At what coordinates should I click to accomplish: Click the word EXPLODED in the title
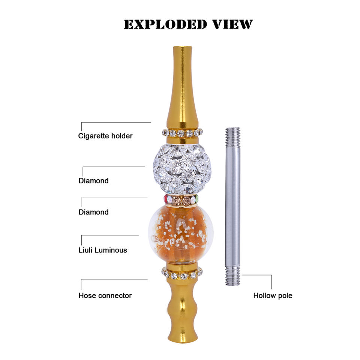click(165, 24)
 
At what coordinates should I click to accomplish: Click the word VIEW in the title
click(232, 24)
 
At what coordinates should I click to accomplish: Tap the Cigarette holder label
click(105, 136)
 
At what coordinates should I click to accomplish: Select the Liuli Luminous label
click(103, 250)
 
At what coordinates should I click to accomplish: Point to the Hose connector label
click(105, 295)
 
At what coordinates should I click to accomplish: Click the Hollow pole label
click(273, 295)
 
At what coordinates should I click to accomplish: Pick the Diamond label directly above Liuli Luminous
click(93, 212)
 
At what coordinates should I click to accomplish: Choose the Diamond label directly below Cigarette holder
click(93, 181)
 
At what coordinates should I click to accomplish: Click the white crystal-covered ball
click(182, 169)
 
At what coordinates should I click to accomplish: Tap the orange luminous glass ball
click(181, 234)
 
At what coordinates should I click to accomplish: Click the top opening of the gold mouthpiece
click(182, 47)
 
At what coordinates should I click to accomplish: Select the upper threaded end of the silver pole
click(232, 137)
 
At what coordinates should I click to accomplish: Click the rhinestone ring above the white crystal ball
click(182, 133)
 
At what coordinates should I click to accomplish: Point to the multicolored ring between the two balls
click(181, 200)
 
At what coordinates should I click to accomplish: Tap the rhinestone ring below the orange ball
click(182, 273)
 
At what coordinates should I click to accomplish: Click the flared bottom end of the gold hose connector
click(183, 337)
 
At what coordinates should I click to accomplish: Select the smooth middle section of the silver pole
click(232, 206)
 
